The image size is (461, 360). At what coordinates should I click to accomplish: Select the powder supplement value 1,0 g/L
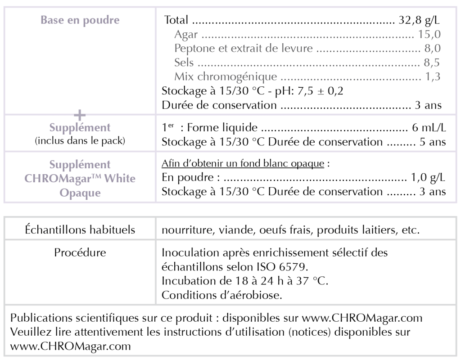pos(428,177)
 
